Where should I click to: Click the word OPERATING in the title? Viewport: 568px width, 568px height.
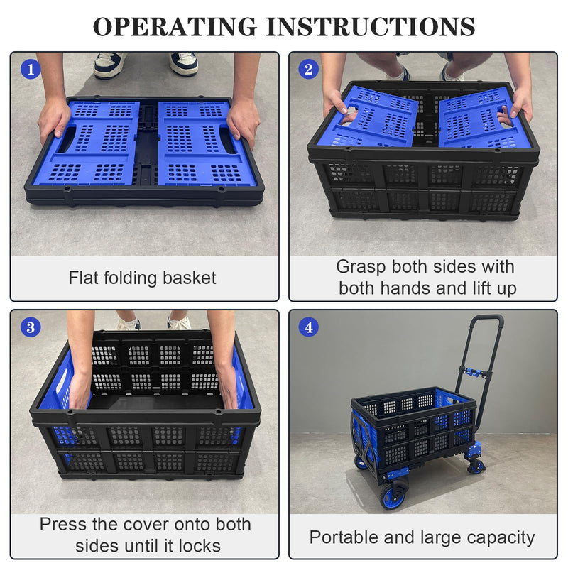pos(175,26)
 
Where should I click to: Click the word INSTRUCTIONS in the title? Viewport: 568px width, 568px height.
pos(371,26)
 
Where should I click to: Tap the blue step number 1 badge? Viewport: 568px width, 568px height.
pos(31,69)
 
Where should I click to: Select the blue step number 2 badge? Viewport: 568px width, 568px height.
pos(308,69)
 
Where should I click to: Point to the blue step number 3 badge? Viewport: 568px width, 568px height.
pos(31,327)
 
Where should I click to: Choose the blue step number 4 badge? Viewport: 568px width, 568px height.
pos(308,327)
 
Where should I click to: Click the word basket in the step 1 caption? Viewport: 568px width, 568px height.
pos(189,278)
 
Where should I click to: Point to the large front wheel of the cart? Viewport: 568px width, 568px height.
pos(393,493)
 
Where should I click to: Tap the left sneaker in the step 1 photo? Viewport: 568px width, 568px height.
pos(109,65)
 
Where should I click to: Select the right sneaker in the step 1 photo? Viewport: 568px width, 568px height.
pos(184,63)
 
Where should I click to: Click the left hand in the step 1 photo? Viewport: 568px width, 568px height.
pos(55,118)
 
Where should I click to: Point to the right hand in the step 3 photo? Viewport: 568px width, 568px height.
pos(228,385)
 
